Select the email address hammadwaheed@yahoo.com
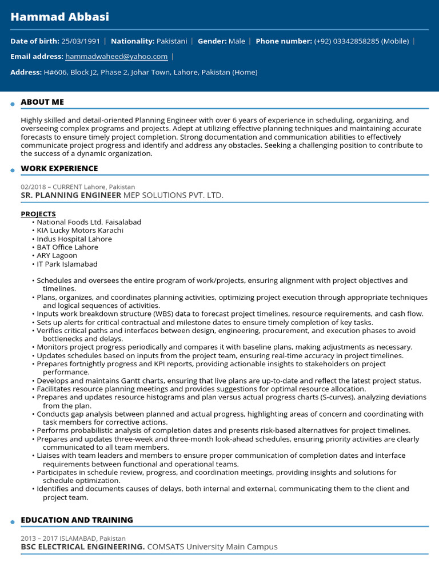116,57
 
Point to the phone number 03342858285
358,41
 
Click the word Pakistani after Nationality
171,41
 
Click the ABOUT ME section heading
42,102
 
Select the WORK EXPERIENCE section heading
59,168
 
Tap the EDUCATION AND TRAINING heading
77,520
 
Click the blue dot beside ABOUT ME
12,104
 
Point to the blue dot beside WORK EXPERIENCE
12,171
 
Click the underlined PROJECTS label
38,213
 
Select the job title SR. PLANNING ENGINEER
71,195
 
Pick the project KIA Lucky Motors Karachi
80,230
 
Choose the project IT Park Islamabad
67,264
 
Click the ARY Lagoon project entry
57,255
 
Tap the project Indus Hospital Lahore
74,239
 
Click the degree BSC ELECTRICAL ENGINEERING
82,547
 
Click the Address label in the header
26,72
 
